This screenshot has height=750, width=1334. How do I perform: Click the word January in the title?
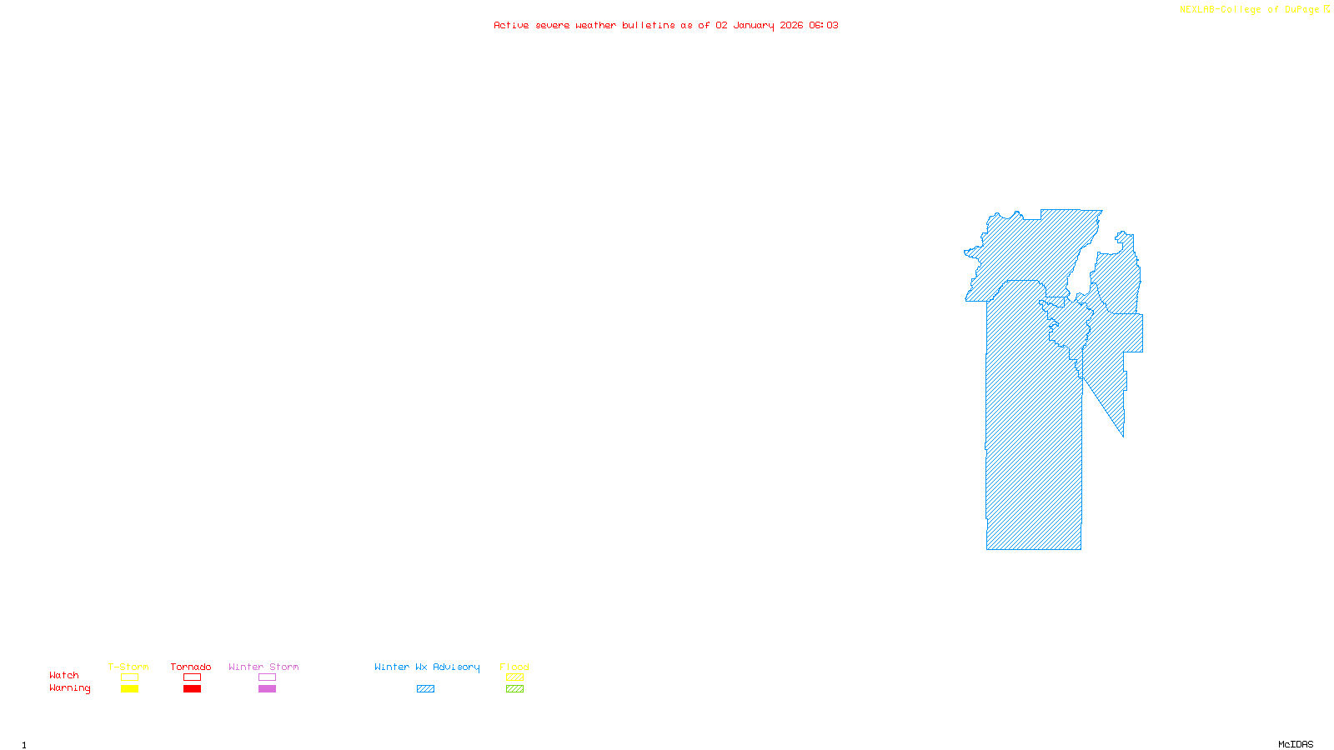pyautogui.click(x=754, y=26)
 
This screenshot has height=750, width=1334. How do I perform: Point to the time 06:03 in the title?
pyautogui.click(x=824, y=26)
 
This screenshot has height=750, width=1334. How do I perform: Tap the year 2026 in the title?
pyautogui.click(x=791, y=26)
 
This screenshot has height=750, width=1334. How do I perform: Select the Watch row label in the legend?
pyautogui.click(x=64, y=675)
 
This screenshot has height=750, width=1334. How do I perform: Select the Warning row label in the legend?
pyautogui.click(x=69, y=688)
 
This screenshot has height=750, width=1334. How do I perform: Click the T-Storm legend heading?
pyautogui.click(x=128, y=667)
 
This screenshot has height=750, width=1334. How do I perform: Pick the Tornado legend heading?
pyautogui.click(x=191, y=667)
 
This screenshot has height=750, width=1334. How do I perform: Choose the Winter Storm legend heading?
pyautogui.click(x=263, y=667)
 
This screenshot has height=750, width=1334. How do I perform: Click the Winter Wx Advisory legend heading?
pyautogui.click(x=427, y=667)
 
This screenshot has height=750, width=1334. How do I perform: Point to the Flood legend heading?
pyautogui.click(x=514, y=667)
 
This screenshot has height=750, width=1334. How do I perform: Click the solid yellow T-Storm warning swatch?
pyautogui.click(x=129, y=689)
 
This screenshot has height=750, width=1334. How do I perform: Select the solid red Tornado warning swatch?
pyautogui.click(x=192, y=689)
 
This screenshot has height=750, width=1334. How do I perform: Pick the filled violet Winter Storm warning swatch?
pyautogui.click(x=267, y=689)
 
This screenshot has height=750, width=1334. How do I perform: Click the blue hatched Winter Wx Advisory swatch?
pyautogui.click(x=425, y=689)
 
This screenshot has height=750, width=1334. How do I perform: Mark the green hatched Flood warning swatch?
pyautogui.click(x=514, y=689)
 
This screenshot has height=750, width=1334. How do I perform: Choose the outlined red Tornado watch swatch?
pyautogui.click(x=192, y=677)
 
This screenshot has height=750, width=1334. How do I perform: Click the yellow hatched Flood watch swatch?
pyautogui.click(x=514, y=677)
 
